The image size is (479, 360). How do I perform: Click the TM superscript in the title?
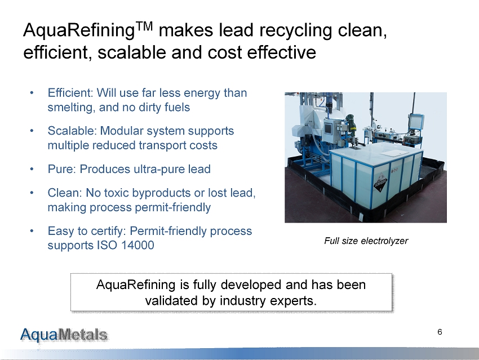tap(144, 26)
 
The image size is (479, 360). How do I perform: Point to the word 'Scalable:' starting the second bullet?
tap(72, 131)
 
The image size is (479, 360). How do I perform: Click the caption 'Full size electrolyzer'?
tap(366, 241)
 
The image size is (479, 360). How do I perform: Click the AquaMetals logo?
tap(64, 335)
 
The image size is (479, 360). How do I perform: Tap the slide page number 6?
tap(440, 332)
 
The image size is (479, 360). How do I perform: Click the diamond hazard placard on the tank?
tap(380, 185)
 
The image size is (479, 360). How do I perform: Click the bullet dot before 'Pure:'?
tap(32, 169)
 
